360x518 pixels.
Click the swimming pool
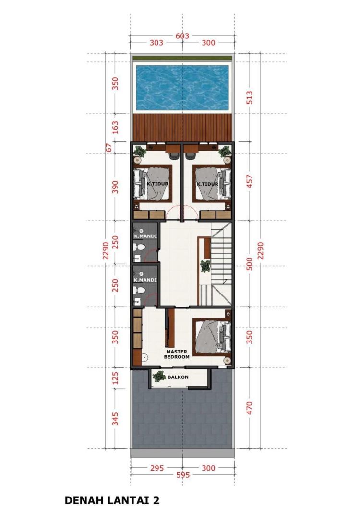[x=182, y=88]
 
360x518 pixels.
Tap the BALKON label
[x=178, y=377]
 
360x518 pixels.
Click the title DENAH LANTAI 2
[x=112, y=500]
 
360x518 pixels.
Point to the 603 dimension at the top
[x=182, y=35]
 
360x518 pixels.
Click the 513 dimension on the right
[x=249, y=97]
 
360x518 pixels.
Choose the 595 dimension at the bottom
[x=183, y=475]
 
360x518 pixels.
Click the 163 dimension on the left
[x=115, y=128]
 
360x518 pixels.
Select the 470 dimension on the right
[x=249, y=408]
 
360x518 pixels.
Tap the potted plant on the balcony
[x=159, y=377]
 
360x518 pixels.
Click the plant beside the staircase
[x=205, y=266]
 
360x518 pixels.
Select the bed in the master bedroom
[x=212, y=337]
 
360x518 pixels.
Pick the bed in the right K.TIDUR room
[x=212, y=183]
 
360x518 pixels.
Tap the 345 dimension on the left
[x=115, y=419]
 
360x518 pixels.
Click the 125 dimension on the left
[x=115, y=378]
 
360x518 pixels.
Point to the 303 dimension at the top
[x=156, y=42]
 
